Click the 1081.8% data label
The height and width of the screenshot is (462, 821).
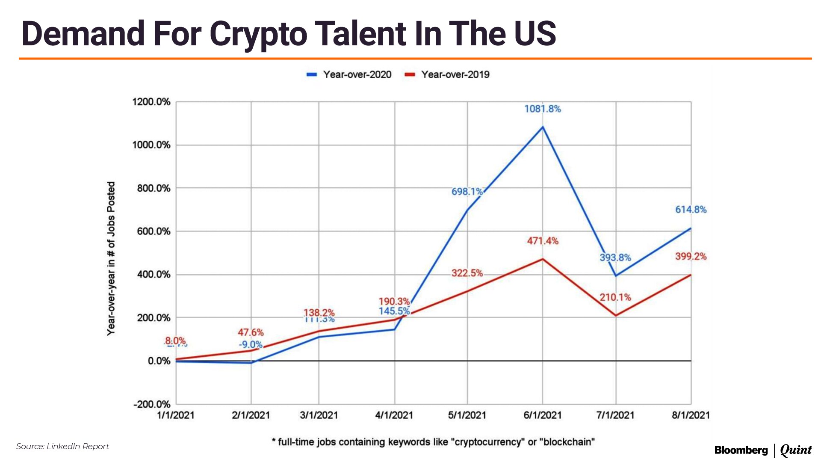tap(542, 109)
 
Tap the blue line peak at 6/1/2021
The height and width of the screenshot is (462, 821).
tap(543, 127)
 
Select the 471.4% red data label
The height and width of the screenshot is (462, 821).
tap(543, 241)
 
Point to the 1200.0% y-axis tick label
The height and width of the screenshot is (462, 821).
tap(151, 102)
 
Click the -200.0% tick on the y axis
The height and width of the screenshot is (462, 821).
tap(152, 404)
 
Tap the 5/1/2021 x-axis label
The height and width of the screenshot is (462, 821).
tap(467, 415)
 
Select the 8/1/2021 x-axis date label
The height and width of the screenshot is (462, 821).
tap(691, 415)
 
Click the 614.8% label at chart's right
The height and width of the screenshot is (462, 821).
tap(691, 210)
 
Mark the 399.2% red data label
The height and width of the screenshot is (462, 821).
tap(691, 256)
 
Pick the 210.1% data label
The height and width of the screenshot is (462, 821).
tap(615, 297)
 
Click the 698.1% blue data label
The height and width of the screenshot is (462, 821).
tap(467, 192)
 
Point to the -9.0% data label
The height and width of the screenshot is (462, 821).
tap(251, 344)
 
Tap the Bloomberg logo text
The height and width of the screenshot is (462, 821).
tap(741, 450)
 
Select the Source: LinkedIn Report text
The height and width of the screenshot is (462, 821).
tap(62, 446)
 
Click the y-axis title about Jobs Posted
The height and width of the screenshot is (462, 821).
tap(111, 258)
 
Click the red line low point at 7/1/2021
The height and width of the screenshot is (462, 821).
tap(616, 316)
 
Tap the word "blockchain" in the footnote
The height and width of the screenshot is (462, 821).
tap(569, 442)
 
